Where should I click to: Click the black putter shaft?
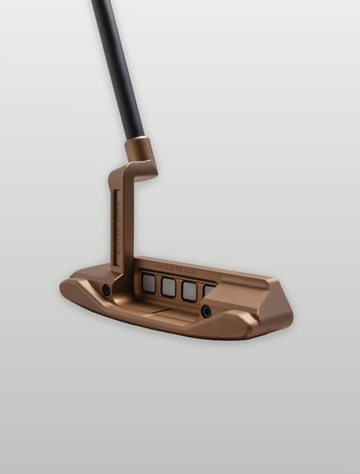(118, 65)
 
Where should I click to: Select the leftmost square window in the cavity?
(148, 283)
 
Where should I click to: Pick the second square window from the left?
(168, 287)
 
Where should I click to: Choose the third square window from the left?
(189, 290)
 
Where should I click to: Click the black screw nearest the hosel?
(107, 290)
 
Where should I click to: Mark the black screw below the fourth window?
(206, 311)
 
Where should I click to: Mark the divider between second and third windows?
(179, 288)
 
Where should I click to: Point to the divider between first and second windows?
(158, 286)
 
